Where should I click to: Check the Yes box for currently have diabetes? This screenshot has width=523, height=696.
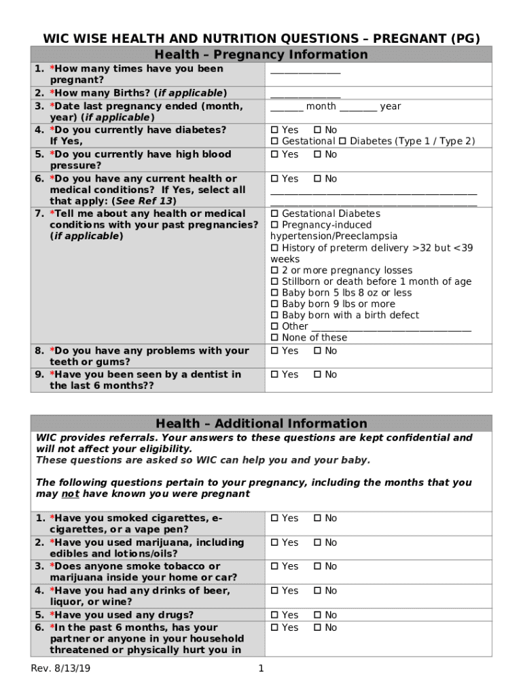pyautogui.click(x=275, y=130)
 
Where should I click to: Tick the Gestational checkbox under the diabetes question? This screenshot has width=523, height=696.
pyautogui.click(x=275, y=141)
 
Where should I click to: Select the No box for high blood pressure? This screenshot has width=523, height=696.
pyautogui.click(x=317, y=154)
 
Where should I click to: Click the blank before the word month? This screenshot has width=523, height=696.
pyautogui.click(x=287, y=107)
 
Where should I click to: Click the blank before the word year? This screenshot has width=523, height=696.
pyautogui.click(x=358, y=107)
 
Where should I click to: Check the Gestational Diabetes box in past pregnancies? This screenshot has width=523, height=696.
pyautogui.click(x=275, y=214)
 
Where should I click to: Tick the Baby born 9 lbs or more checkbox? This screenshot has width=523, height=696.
pyautogui.click(x=275, y=304)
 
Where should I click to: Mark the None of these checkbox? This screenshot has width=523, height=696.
pyautogui.click(x=275, y=338)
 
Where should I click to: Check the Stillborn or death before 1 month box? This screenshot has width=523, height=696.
pyautogui.click(x=275, y=281)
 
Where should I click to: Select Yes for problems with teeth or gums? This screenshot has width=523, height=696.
pyautogui.click(x=275, y=351)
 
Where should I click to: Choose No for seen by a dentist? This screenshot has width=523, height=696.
pyautogui.click(x=317, y=375)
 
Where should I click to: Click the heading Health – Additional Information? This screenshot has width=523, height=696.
pyautogui.click(x=261, y=423)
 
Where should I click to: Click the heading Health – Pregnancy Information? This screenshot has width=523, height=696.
pyautogui.click(x=261, y=54)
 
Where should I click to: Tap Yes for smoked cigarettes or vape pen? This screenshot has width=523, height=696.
pyautogui.click(x=275, y=519)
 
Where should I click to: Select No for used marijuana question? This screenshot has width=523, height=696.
pyautogui.click(x=317, y=542)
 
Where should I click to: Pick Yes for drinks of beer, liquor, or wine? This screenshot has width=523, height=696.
pyautogui.click(x=275, y=591)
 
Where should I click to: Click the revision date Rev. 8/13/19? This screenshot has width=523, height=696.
pyautogui.click(x=61, y=669)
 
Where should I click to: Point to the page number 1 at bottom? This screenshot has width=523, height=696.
pyautogui.click(x=261, y=669)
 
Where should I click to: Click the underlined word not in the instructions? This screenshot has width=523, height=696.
pyautogui.click(x=68, y=494)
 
